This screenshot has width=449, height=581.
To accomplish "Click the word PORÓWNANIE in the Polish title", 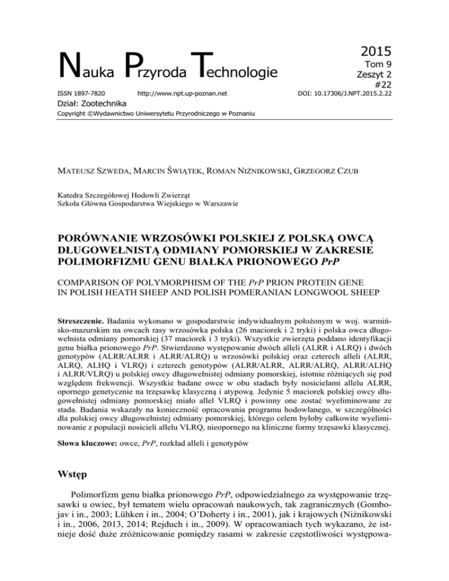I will tap(110, 224).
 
